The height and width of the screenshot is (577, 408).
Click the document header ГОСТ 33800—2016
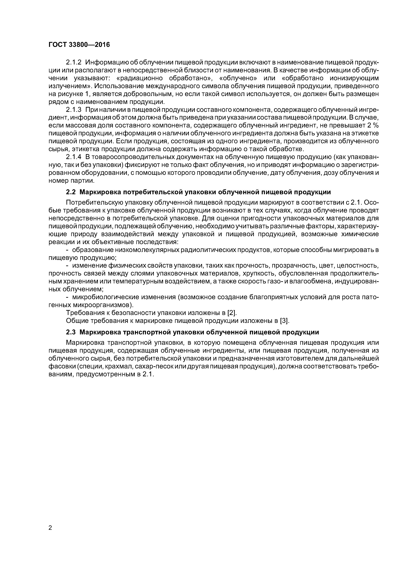coord(79,45)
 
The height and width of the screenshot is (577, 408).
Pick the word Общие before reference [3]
coord(77,321)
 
